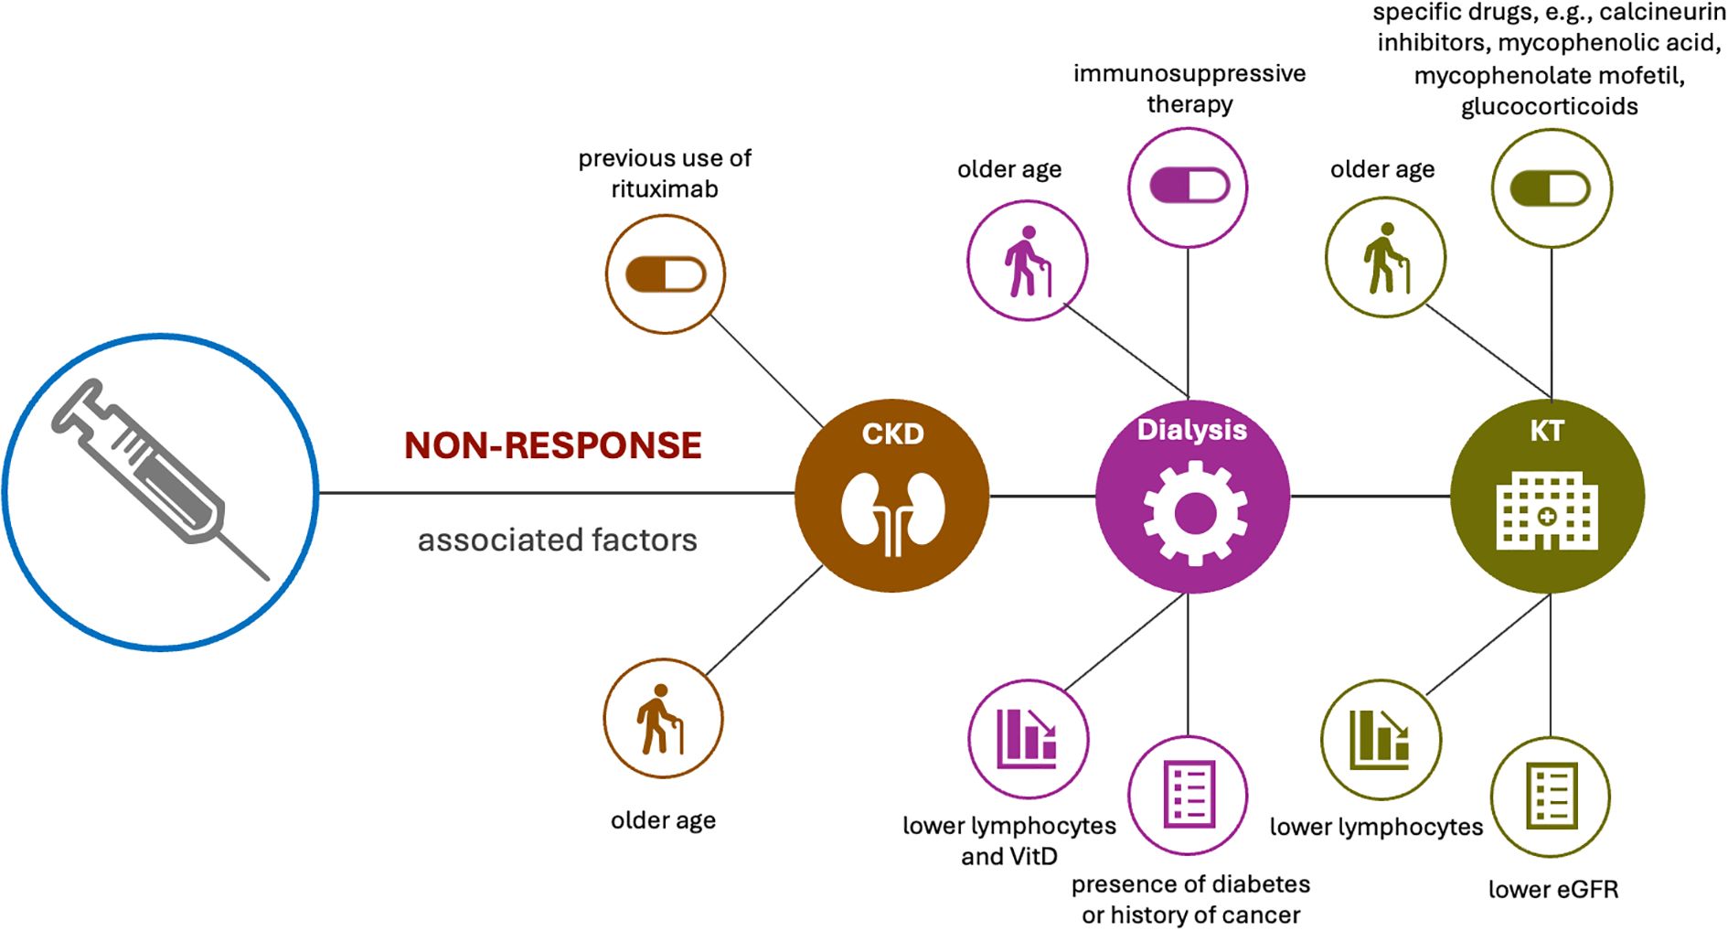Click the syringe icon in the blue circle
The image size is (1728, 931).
pos(160,480)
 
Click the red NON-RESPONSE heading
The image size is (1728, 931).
pos(553,445)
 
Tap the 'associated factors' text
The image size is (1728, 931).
pos(557,540)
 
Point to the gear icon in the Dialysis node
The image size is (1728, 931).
pos(1194,513)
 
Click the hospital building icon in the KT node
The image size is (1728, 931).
pos(1547,512)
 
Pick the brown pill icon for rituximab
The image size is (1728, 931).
pos(666,274)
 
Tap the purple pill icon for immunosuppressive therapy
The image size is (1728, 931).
pos(1189,186)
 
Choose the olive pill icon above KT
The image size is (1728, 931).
pos(1551,189)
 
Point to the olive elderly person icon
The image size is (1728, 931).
pos(1386,258)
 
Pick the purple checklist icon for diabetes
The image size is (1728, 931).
pos(1189,795)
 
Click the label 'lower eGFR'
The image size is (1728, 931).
pos(1552,889)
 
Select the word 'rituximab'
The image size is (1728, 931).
pos(665,189)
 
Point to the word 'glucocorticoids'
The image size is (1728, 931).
pos(1549,107)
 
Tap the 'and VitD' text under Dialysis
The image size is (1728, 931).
pos(1009,857)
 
